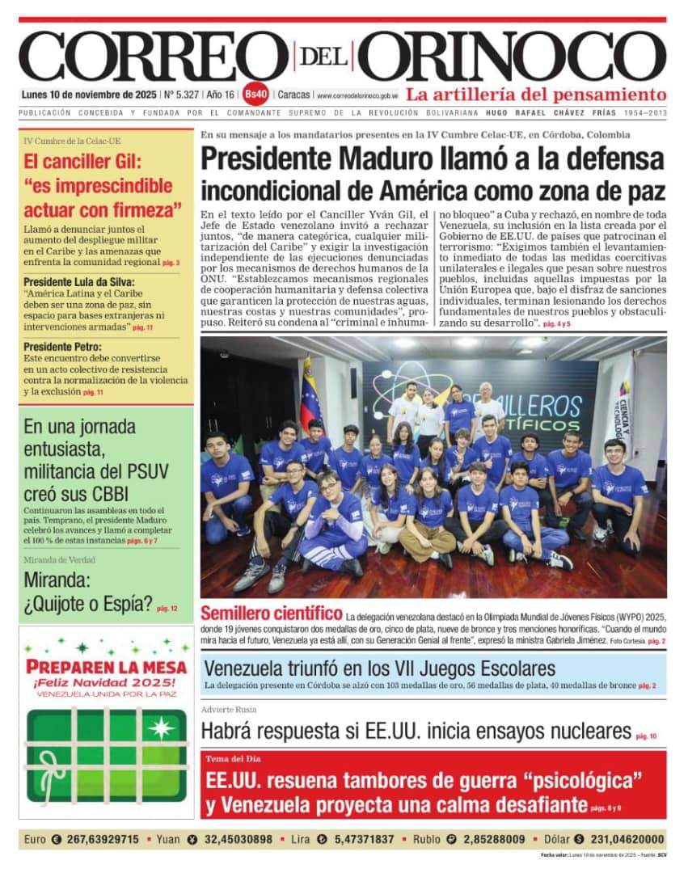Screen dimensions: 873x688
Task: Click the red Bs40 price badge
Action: pos(255,94)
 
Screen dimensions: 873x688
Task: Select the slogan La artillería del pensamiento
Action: pos(536,94)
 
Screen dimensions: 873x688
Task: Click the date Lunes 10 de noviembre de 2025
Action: pos(90,94)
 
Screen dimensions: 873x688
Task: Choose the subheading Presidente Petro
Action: pos(60,346)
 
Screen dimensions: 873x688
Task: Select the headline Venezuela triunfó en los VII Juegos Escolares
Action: pos(379,668)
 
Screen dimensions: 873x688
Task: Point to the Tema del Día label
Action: pos(234,759)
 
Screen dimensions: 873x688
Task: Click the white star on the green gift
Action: pos(161,727)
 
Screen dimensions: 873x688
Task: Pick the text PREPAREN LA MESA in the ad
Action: pos(106,667)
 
